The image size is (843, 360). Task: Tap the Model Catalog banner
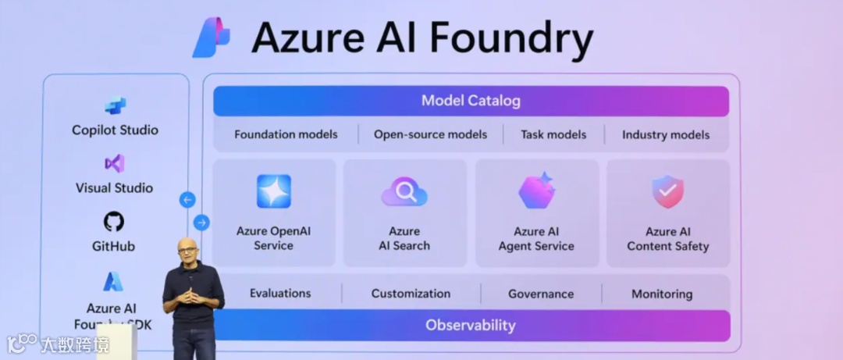(x=471, y=101)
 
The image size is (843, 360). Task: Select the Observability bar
(x=471, y=325)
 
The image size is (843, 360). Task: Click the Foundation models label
(x=286, y=134)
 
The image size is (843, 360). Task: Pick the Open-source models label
(x=430, y=134)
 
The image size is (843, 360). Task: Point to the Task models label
(x=553, y=134)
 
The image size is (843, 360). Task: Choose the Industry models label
(x=666, y=134)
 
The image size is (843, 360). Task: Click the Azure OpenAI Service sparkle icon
(x=274, y=191)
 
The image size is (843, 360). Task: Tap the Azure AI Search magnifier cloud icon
(x=404, y=191)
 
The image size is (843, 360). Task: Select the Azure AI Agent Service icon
(x=536, y=191)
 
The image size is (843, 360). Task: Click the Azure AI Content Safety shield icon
(x=667, y=191)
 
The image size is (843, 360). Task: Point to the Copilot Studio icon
(x=116, y=106)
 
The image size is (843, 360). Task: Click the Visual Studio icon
(x=115, y=164)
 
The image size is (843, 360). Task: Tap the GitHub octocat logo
(x=114, y=222)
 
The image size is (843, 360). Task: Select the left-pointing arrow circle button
(x=187, y=200)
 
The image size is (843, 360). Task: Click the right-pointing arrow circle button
(x=201, y=223)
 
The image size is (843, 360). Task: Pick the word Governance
(x=541, y=294)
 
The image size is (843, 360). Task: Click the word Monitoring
(x=662, y=294)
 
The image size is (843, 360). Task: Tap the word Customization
(x=411, y=294)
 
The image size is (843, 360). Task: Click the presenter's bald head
(x=187, y=249)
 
